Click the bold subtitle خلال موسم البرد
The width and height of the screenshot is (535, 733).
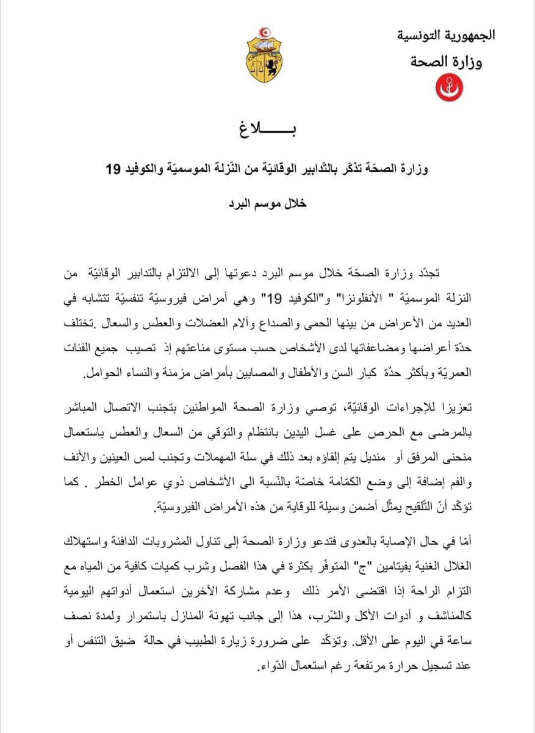pos(268,203)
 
